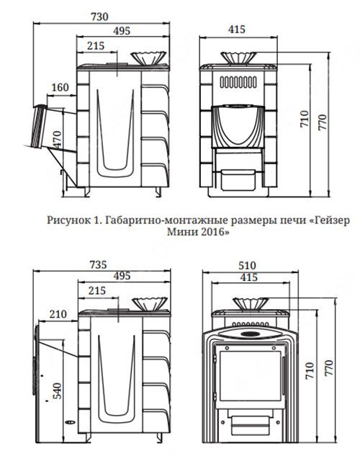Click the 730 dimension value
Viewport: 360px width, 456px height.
[99, 17]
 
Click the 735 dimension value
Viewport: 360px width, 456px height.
[98, 265]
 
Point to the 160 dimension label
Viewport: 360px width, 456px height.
[60, 87]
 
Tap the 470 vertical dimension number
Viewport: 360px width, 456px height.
[57, 140]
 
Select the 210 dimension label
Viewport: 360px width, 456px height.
[58, 314]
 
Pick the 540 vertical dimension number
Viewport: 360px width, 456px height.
[57, 390]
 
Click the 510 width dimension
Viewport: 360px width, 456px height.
[247, 265]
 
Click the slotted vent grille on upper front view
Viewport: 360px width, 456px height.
[238, 82]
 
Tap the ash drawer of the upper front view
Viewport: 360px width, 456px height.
[238, 179]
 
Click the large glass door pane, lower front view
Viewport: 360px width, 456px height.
[250, 375]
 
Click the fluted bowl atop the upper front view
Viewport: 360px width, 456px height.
[238, 58]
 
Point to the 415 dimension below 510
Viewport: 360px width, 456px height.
[248, 277]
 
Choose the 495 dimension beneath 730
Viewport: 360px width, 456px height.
[122, 31]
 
